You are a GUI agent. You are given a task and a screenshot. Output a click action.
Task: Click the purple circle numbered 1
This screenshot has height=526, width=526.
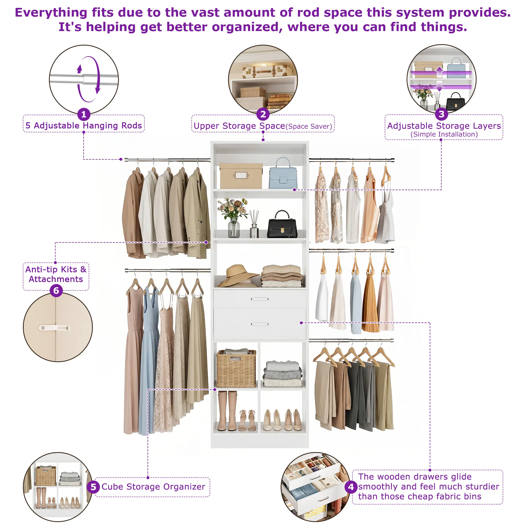[x=84, y=114]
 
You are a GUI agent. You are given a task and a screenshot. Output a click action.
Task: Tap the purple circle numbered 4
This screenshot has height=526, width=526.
[x=351, y=487]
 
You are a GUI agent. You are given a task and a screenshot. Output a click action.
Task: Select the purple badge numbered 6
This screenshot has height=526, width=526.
[x=56, y=291]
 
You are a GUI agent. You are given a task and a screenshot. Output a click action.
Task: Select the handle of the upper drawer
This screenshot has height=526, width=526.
[x=260, y=299]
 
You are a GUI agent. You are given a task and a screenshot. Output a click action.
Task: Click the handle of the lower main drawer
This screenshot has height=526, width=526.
[x=260, y=324]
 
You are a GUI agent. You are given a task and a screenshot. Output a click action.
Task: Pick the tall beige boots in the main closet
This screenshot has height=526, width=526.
[x=227, y=411]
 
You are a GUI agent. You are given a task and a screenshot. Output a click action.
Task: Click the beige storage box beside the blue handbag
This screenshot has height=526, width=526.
[x=241, y=176]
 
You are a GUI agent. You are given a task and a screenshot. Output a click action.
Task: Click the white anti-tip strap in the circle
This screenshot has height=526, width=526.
[x=54, y=328]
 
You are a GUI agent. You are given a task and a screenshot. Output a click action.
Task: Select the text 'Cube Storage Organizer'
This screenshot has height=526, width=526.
[x=153, y=487]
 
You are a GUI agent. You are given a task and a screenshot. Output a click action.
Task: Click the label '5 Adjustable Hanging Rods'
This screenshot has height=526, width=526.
[x=84, y=125]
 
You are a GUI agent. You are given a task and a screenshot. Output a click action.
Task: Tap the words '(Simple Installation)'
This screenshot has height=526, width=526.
[x=444, y=134]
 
